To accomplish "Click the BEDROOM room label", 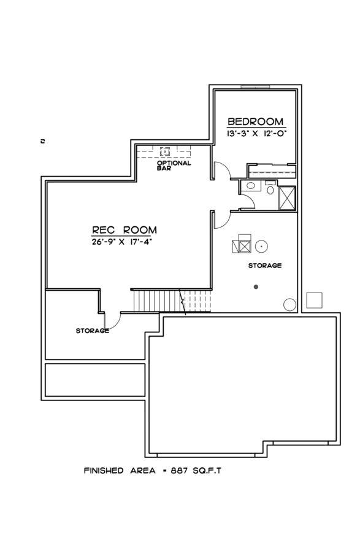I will tap(255, 121).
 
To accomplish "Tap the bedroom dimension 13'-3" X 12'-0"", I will tap(255, 132).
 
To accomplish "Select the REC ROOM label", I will tap(124, 230).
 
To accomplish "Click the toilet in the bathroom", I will tap(270, 190).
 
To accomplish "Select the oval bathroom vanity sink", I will tap(250, 186).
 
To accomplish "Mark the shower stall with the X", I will tap(287, 197).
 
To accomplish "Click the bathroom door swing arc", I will tap(247, 202).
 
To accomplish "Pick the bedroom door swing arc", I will tap(223, 171).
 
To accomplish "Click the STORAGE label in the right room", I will tap(265, 266).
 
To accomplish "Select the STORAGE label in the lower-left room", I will tap(93, 331).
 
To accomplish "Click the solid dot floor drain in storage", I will tap(256, 287).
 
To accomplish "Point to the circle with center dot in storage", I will tap(261, 245).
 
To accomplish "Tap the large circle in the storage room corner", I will tap(289, 304).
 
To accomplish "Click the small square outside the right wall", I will tap(314, 300).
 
